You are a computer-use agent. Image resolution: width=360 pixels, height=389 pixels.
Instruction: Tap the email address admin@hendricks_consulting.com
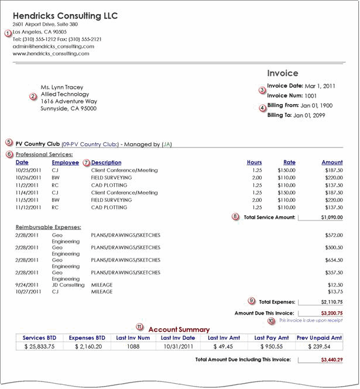(53, 46)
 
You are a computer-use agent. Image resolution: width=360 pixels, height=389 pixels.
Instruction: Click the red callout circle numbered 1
(8, 33)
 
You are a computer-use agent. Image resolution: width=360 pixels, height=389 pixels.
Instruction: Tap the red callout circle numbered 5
(8, 142)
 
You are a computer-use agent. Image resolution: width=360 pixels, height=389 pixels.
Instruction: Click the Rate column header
(289, 162)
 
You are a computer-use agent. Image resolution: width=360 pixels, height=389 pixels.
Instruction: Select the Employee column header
(65, 162)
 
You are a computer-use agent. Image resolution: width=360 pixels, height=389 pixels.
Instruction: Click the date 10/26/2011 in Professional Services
(29, 177)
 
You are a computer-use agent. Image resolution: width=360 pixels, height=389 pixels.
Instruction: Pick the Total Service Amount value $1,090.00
(331, 216)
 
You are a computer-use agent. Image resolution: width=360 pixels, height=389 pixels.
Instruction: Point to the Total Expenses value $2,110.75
(331, 302)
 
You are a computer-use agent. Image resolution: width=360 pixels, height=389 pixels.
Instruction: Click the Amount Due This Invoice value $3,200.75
(331, 313)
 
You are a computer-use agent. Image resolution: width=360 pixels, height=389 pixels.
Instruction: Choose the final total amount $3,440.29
(331, 359)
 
